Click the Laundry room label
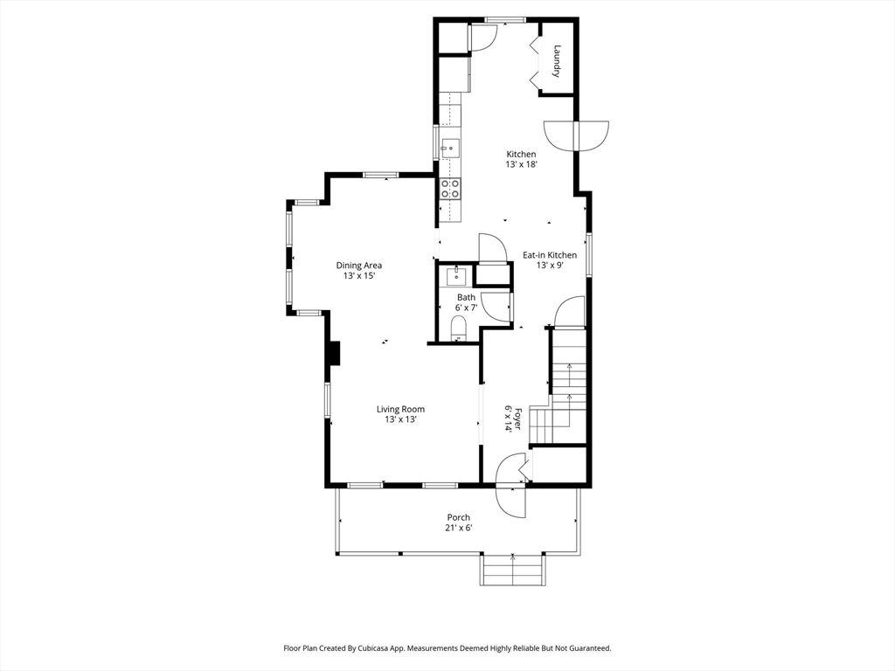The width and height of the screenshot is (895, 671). pyautogui.click(x=557, y=61)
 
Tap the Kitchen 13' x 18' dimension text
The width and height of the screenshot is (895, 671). pyautogui.click(x=521, y=164)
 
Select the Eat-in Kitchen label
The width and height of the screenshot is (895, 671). pyautogui.click(x=550, y=255)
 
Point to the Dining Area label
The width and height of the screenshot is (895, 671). pyautogui.click(x=359, y=266)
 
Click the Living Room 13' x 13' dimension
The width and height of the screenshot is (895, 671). pyautogui.click(x=400, y=419)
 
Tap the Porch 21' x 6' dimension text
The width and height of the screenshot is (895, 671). pyautogui.click(x=459, y=528)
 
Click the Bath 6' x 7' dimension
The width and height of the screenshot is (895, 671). pyautogui.click(x=466, y=308)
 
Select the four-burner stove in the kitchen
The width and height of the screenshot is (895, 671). pyautogui.click(x=450, y=189)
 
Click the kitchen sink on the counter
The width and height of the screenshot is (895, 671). pyautogui.click(x=450, y=149)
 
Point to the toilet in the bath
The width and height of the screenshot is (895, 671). pyautogui.click(x=458, y=330)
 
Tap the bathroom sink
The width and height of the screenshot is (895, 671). pyautogui.click(x=456, y=276)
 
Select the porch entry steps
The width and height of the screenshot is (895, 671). pyautogui.click(x=512, y=569)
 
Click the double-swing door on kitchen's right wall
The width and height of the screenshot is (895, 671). pyautogui.click(x=577, y=135)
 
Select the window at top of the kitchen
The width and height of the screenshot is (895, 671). pyautogui.click(x=504, y=21)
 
